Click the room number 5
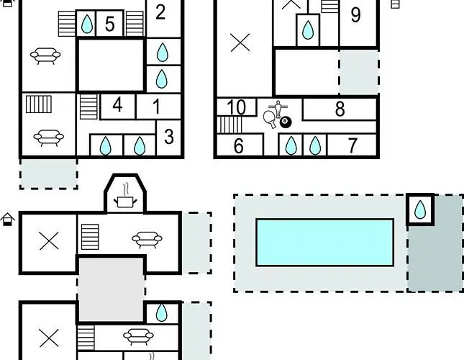pyautogui.click(x=109, y=24)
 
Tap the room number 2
pyautogui.click(x=160, y=12)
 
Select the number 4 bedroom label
pyautogui.click(x=117, y=104)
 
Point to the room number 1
pyautogui.click(x=157, y=106)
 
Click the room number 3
pyautogui.click(x=168, y=137)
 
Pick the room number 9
pyautogui.click(x=355, y=15)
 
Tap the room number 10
pyautogui.click(x=237, y=107)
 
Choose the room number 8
pyautogui.click(x=340, y=109)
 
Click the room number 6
pyautogui.click(x=239, y=145)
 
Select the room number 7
pyautogui.click(x=352, y=145)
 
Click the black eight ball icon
pyautogui.click(x=286, y=122)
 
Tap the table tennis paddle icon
pyautogui.click(x=270, y=120)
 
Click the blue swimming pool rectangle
pyautogui.click(x=324, y=243)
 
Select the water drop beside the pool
pyautogui.click(x=420, y=210)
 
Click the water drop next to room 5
pyautogui.click(x=87, y=24)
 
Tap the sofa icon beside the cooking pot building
pyautogui.click(x=147, y=239)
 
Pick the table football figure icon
pyautogui.click(x=278, y=109)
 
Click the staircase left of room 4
pyautogui.click(x=88, y=107)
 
